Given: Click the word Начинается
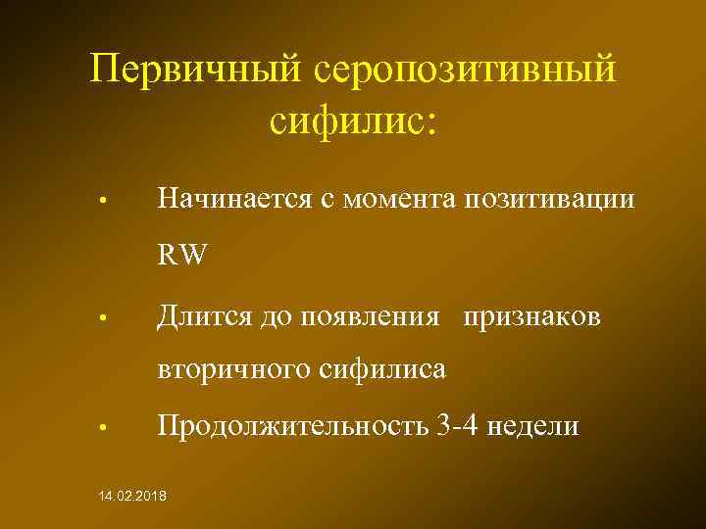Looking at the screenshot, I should tap(232, 201).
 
